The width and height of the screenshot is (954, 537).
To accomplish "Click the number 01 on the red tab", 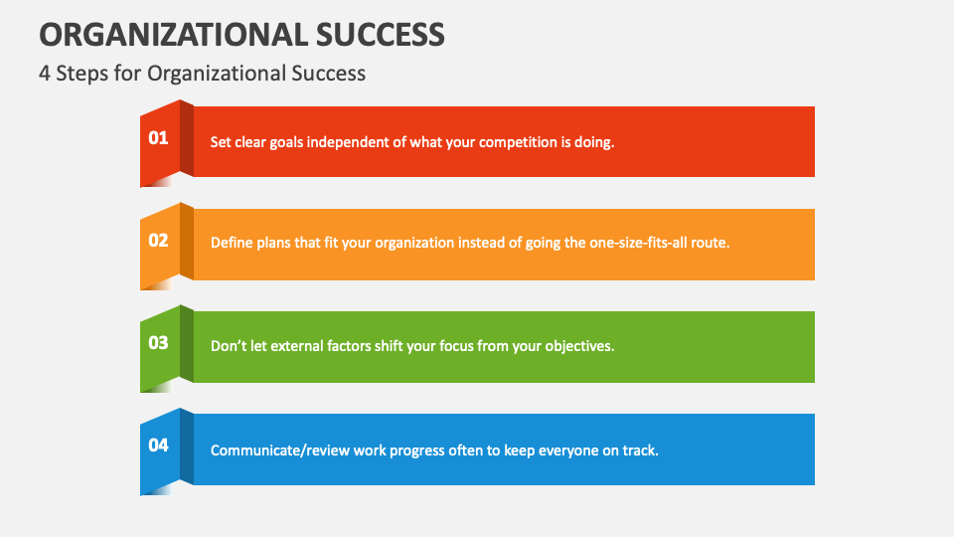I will coord(159,138).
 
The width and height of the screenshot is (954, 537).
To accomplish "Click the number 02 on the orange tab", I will coord(159,240).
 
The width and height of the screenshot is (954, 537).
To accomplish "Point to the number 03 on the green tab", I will coord(159,343).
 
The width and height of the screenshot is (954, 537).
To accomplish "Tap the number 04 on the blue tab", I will coord(159,446).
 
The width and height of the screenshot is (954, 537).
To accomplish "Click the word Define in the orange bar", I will coord(231,244).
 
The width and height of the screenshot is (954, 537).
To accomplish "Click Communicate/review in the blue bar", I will coord(272,449).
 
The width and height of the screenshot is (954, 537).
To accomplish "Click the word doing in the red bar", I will coord(594,142).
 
